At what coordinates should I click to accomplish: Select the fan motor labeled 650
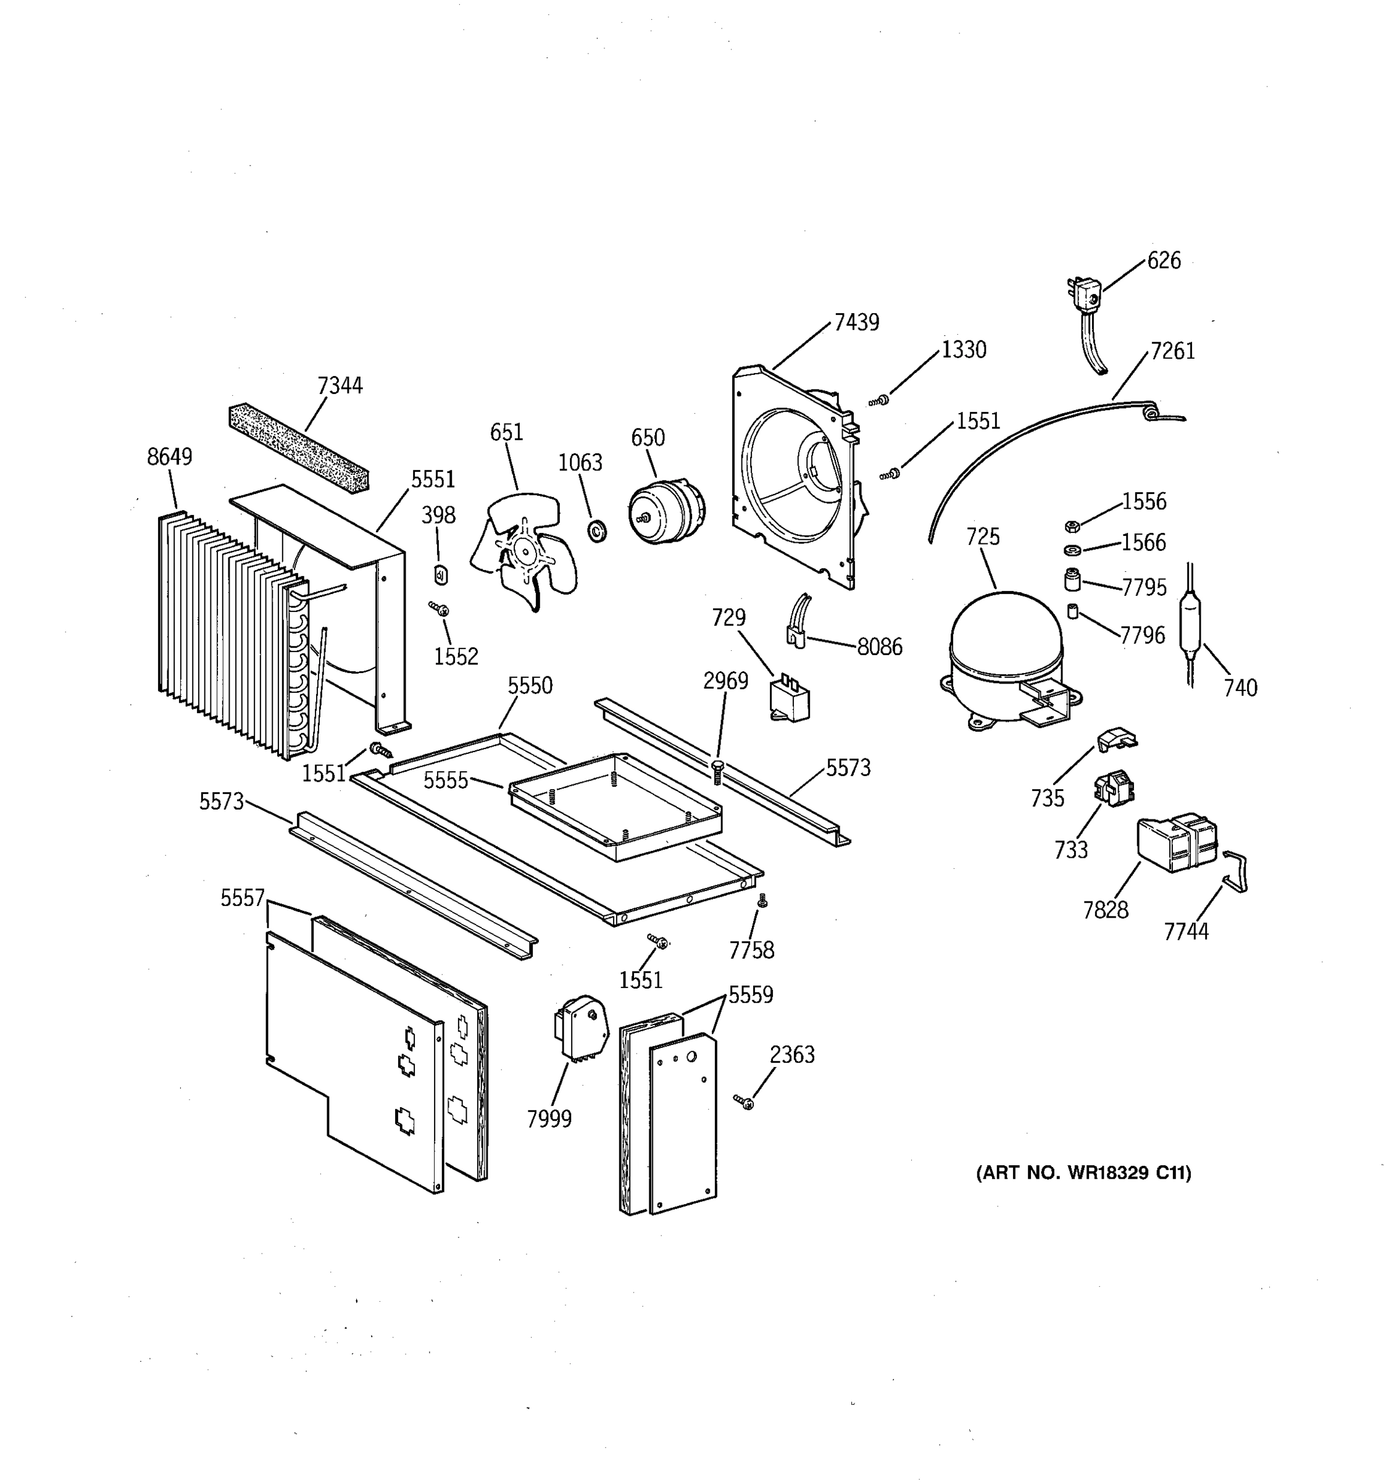(666, 511)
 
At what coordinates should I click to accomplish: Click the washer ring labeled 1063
(597, 532)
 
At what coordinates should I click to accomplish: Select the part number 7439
(856, 323)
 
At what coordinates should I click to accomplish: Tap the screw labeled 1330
(881, 401)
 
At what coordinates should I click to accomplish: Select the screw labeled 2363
(744, 1101)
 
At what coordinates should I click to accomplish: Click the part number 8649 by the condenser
(169, 457)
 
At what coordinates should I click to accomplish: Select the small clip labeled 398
(440, 575)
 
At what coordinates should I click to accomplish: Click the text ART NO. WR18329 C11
(1083, 1173)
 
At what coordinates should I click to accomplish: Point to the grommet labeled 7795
(1072, 579)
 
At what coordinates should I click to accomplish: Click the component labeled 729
(790, 700)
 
